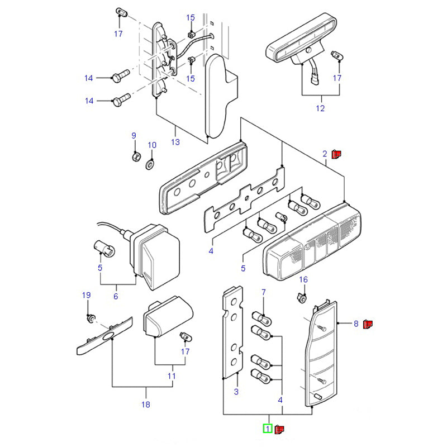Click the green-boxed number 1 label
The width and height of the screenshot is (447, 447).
point(268,429)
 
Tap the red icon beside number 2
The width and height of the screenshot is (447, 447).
point(336,154)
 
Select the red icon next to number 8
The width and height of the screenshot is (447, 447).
point(368,324)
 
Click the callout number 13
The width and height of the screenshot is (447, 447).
point(175,142)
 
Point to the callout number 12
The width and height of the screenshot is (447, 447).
point(320,108)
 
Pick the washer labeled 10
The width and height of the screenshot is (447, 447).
point(150,164)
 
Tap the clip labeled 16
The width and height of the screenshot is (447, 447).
point(302,298)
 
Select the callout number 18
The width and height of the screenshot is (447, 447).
point(146,405)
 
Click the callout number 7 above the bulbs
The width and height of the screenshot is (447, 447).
point(264,292)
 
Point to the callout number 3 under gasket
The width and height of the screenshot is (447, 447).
point(236,392)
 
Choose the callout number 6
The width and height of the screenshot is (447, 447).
point(116,296)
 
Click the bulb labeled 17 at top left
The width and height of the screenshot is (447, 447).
point(121,12)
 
